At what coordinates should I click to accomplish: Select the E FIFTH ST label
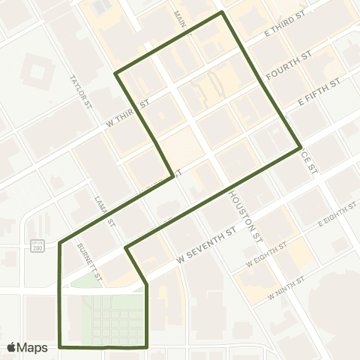pyautogui.click(x=319, y=88)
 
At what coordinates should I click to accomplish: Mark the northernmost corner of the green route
pyautogui.click(x=222, y=13)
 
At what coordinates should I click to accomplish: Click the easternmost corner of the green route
pyautogui.click(x=301, y=147)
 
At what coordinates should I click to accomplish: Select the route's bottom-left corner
pyautogui.click(x=60, y=347)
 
